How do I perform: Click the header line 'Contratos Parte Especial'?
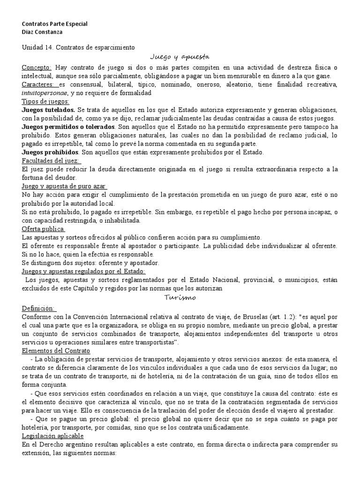click(55, 24)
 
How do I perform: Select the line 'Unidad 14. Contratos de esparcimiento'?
click(78, 47)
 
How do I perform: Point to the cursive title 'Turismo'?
click(180, 298)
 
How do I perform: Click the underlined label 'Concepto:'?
click(37, 67)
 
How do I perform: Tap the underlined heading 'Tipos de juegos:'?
click(45, 101)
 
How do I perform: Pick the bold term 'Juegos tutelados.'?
click(49, 110)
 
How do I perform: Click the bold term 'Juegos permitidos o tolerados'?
click(68, 127)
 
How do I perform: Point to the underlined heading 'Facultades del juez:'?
click(52, 160)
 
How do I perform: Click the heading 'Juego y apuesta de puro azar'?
click(64, 186)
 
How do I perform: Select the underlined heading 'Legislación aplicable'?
click(52, 435)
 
